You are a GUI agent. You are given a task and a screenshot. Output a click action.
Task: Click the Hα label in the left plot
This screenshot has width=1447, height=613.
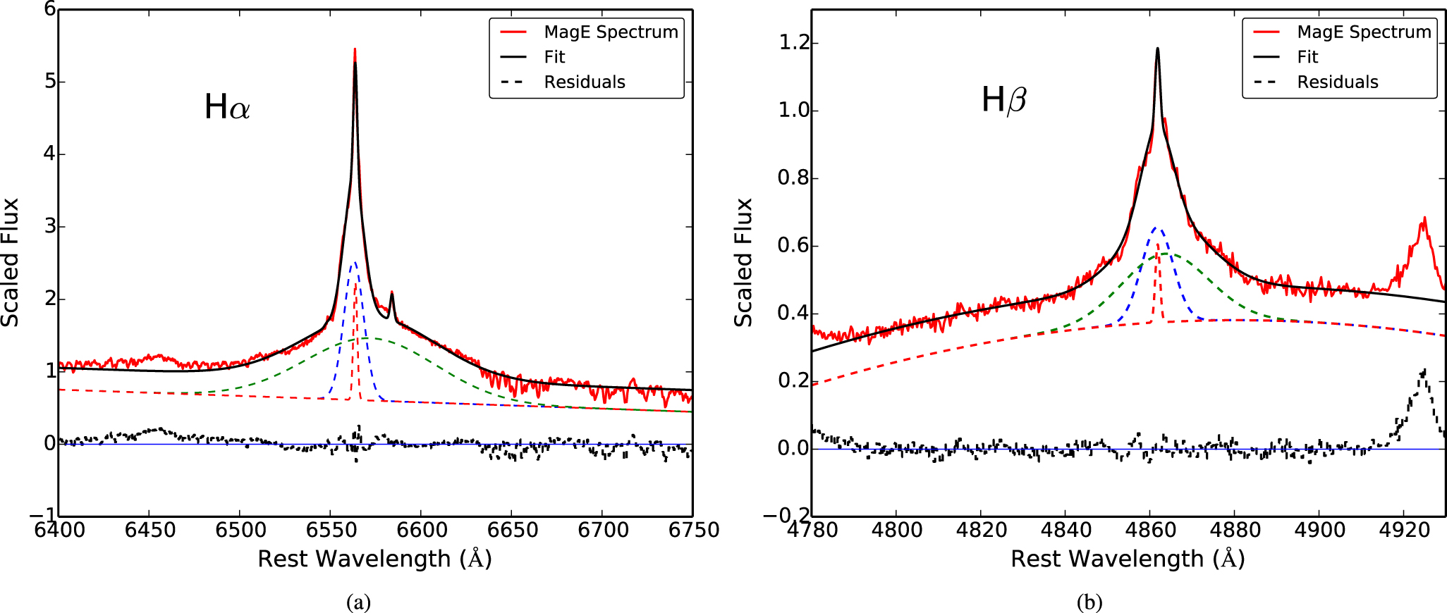(x=227, y=107)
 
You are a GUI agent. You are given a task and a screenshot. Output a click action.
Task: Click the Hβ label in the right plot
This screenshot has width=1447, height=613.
(x=1003, y=100)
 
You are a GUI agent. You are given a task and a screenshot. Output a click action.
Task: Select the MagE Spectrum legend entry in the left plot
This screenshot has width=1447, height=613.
(x=611, y=32)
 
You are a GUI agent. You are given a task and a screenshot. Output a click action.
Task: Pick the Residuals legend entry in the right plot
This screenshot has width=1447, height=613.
(x=1337, y=82)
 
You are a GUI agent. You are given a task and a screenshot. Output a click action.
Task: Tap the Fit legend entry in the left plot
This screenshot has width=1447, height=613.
(x=554, y=57)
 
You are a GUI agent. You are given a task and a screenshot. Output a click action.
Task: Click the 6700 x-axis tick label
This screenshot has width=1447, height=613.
(x=603, y=530)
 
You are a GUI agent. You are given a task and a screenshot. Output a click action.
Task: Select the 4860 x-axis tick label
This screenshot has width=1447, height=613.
(x=1150, y=530)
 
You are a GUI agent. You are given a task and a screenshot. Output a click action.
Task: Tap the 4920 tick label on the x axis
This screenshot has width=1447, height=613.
(x=1404, y=530)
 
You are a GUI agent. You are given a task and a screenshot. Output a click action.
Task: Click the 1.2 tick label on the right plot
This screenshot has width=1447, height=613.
(x=794, y=43)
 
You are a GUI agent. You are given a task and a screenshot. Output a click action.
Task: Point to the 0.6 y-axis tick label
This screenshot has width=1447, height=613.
(x=794, y=246)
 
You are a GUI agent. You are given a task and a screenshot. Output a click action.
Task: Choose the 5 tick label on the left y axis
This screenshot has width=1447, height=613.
(x=50, y=82)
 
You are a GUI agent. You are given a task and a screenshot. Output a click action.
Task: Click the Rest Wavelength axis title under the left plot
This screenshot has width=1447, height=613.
(x=374, y=559)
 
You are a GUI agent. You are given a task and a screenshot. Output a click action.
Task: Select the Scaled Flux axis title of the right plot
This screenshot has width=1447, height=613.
(x=744, y=262)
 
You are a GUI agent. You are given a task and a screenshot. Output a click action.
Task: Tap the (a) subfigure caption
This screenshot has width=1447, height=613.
(x=359, y=602)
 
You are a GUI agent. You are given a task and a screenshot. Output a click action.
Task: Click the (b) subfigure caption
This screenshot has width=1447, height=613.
(x=1089, y=602)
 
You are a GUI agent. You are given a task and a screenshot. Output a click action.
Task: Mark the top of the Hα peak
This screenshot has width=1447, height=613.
(x=355, y=50)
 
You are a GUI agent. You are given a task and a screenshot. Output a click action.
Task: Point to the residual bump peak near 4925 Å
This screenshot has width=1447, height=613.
(x=1424, y=369)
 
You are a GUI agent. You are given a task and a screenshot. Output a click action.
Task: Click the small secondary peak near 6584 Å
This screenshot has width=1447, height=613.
(x=391, y=293)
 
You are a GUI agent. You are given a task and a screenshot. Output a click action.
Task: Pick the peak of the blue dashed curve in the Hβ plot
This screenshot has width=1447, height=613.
(x=1155, y=228)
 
